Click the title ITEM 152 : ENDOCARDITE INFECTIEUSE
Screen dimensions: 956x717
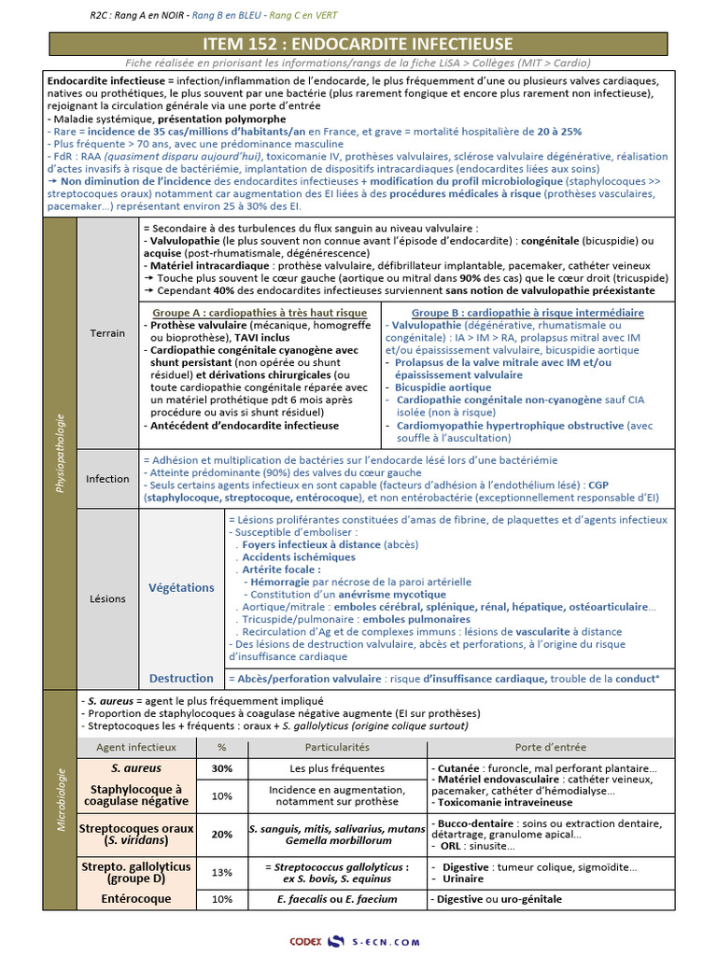pyautogui.click(x=358, y=44)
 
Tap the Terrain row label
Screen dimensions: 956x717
pyautogui.click(x=107, y=333)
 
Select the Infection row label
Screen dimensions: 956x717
pyautogui.click(x=107, y=479)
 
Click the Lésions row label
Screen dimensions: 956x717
pyautogui.click(x=107, y=598)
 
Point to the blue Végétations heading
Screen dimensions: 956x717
pyautogui.click(x=181, y=587)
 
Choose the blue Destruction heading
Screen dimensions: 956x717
pyautogui.click(x=181, y=679)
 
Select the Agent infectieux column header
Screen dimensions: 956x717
pyautogui.click(x=135, y=747)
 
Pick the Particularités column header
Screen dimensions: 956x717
pyautogui.click(x=337, y=747)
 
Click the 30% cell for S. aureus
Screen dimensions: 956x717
pyautogui.click(x=222, y=769)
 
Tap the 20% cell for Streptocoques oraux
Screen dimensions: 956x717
pyautogui.click(x=222, y=835)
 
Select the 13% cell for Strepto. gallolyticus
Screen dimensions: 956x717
pyautogui.click(x=222, y=872)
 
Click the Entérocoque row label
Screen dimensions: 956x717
pyautogui.click(x=135, y=899)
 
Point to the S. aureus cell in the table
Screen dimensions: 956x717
pyautogui.click(x=135, y=769)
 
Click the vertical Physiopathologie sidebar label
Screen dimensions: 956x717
pyautogui.click(x=61, y=456)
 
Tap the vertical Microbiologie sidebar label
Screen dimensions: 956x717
pyautogui.click(x=61, y=799)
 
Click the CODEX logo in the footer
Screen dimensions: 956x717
pyautogui.click(x=306, y=942)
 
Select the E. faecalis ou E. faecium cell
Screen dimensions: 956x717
pyautogui.click(x=337, y=899)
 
